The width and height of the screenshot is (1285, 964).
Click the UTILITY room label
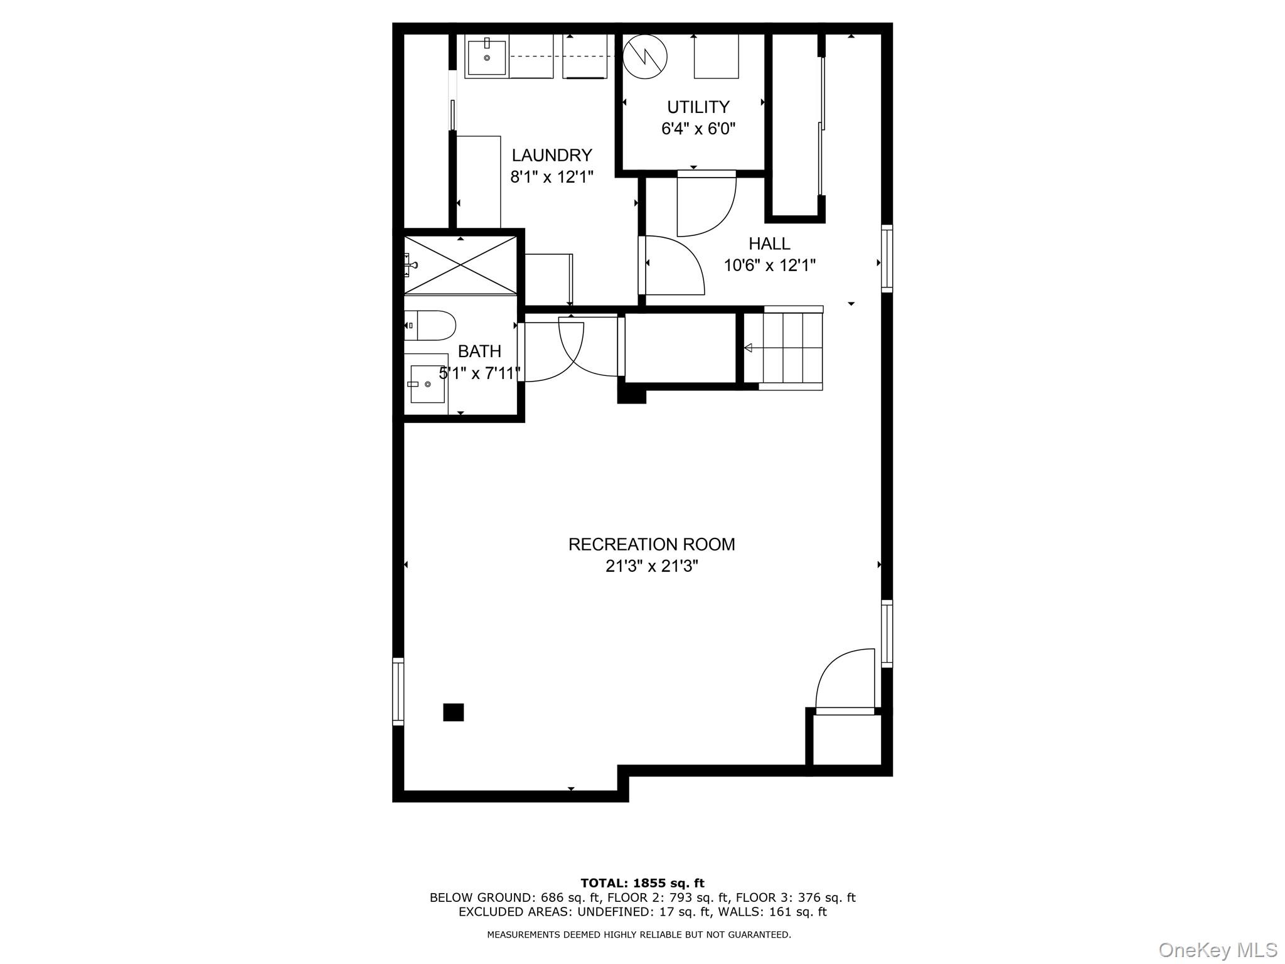point(698,107)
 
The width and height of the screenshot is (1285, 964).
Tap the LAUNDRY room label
point(552,155)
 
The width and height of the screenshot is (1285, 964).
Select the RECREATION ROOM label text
point(651,544)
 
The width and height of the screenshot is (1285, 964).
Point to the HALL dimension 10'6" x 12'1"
point(769,265)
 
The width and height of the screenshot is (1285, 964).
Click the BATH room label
point(479,351)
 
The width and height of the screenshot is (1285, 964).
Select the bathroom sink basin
point(427,384)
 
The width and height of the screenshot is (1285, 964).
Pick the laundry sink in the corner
point(487,57)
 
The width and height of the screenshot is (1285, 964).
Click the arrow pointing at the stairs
point(748,348)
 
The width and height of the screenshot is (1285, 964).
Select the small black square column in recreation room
point(453,712)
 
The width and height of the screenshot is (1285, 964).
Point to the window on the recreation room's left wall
point(398,691)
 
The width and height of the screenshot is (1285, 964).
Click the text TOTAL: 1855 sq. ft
point(642,883)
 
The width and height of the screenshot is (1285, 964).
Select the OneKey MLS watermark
point(1217,950)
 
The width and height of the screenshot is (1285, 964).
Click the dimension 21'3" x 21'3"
point(651,566)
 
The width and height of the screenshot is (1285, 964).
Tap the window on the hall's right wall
point(887,259)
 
